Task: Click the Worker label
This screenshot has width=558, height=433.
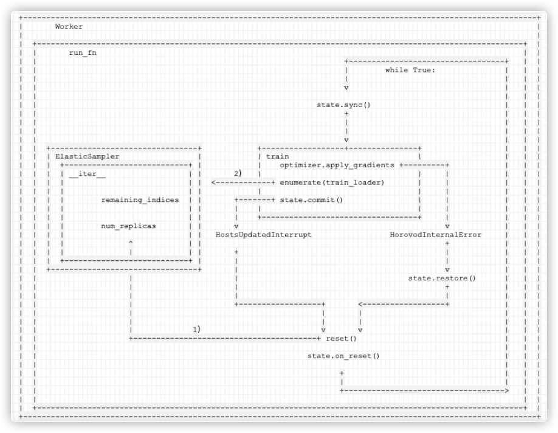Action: coord(69,26)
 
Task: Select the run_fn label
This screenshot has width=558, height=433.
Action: coord(83,53)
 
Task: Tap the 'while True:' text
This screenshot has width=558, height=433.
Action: coord(410,70)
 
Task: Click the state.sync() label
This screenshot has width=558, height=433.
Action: coord(344,105)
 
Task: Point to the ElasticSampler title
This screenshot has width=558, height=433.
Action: coord(87,156)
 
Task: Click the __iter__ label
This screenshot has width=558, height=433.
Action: coord(87,174)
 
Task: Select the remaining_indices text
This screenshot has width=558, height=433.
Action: coord(140,199)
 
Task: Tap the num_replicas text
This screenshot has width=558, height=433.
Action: coord(128,226)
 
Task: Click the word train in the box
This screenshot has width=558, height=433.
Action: coord(278,156)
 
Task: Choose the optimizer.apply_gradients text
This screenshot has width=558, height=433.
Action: coord(337,165)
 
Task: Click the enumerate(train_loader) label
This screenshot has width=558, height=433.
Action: coord(332,182)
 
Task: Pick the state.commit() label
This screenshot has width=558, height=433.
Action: coord(311,199)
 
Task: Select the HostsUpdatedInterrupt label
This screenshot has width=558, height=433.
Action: coord(264,235)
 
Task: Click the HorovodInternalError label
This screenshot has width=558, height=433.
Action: coord(436,235)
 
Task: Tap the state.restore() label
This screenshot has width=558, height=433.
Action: coord(442,278)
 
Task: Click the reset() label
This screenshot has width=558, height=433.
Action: coord(341,339)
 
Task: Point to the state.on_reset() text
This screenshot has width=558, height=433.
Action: coord(344,356)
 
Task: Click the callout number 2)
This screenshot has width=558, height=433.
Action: coord(238,173)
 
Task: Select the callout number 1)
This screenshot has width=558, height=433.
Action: coord(196,330)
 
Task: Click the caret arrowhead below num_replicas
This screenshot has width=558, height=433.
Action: coord(131,242)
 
